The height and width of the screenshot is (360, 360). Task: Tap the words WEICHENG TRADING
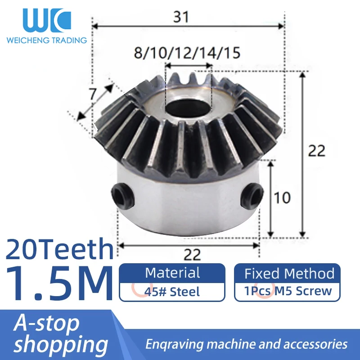(46, 40)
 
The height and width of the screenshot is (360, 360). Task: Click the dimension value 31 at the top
(181, 17)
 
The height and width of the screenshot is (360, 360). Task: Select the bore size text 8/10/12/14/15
(187, 53)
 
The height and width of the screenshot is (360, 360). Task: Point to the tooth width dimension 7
(93, 94)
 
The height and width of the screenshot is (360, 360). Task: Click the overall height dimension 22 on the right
(317, 150)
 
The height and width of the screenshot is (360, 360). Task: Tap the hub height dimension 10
(282, 198)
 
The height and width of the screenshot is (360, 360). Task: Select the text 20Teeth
(59, 249)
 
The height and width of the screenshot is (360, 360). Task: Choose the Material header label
(172, 273)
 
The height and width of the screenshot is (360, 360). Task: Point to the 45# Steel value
(172, 292)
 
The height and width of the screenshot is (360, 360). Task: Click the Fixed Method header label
(289, 273)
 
